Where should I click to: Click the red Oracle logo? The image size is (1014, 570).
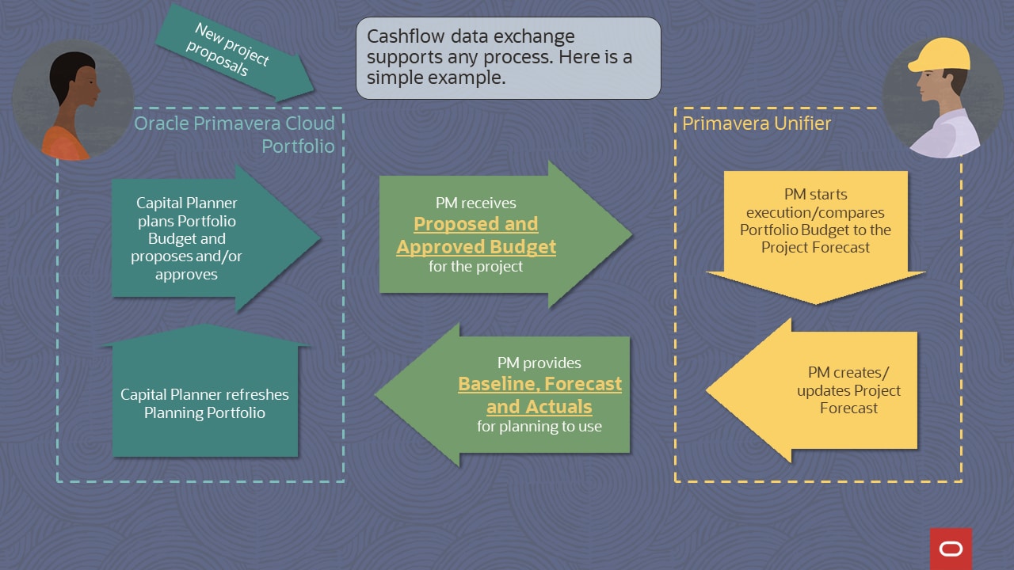coord(951,549)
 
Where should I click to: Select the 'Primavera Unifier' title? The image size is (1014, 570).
coord(757,123)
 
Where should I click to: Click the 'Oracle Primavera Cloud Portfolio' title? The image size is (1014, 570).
coord(234,135)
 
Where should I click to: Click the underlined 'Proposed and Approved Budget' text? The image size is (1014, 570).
coord(476,235)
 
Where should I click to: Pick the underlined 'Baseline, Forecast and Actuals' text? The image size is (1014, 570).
coord(539,395)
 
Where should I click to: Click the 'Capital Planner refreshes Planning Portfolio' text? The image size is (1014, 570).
coord(204,403)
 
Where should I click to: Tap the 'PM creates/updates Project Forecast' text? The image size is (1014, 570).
coord(848,390)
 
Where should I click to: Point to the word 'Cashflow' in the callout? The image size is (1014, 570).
coord(402,37)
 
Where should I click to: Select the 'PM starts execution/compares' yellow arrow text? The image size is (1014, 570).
coord(815,221)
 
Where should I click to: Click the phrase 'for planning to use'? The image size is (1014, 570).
coord(539,427)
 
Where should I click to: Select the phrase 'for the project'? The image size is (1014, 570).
coord(476,267)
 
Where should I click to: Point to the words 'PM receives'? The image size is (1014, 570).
coord(476,203)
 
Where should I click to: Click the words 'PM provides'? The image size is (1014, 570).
coord(539,363)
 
